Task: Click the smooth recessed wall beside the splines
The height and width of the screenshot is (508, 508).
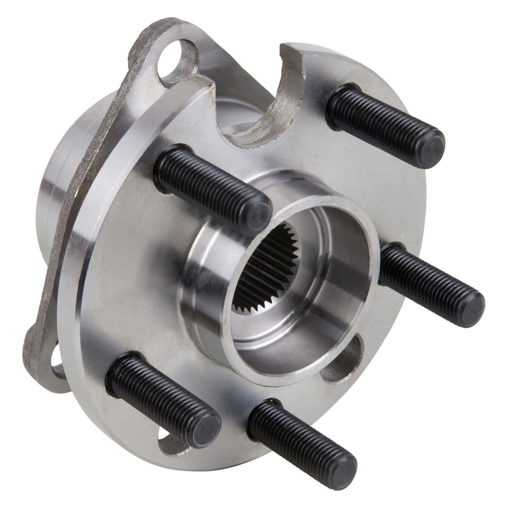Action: (x=325, y=284)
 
